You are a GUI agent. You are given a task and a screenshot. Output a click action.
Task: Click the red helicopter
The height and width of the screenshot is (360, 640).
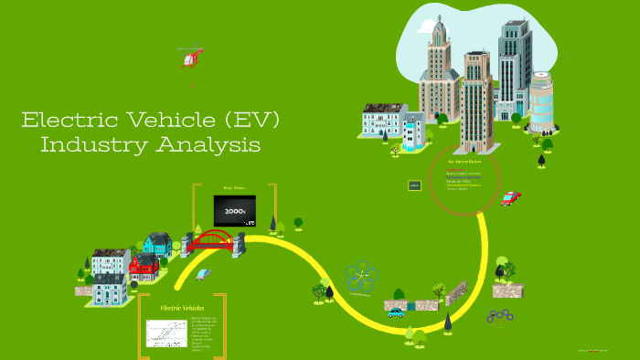coord(191,58)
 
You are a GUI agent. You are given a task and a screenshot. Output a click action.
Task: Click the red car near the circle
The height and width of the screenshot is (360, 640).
coord(510,197)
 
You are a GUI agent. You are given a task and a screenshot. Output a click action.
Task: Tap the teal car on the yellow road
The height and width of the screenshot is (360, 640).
coord(395,312)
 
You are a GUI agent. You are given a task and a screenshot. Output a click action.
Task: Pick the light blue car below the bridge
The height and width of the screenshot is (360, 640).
coord(204,272)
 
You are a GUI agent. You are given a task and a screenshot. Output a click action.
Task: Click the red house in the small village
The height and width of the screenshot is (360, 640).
coord(144,268)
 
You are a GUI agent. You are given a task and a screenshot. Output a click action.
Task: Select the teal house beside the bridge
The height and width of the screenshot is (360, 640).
coord(157,243)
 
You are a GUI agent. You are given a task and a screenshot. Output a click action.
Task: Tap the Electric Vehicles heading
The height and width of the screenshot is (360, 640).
coord(181,308)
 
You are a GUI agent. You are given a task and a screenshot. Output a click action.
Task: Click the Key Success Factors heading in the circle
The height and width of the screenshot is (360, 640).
coord(464,161)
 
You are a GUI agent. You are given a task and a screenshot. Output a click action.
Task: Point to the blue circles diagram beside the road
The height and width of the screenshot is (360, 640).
coord(361,276)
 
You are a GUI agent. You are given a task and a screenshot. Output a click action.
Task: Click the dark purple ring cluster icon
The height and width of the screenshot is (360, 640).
coord(499,316)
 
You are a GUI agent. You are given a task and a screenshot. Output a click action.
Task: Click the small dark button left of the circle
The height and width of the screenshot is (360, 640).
coord(414,185)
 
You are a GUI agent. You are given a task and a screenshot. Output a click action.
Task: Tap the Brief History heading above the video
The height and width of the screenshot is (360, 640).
coord(234,188)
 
